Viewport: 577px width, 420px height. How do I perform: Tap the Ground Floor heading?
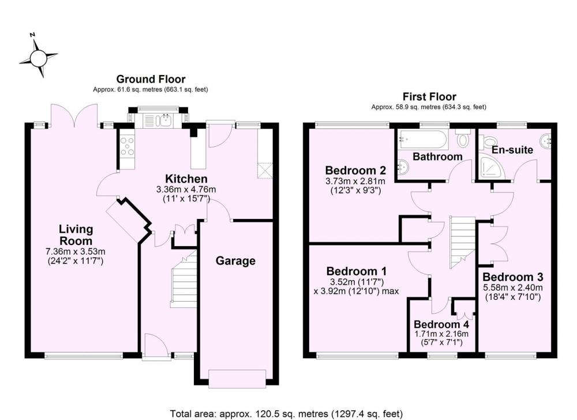point(151,79)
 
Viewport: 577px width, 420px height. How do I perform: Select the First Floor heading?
point(429,97)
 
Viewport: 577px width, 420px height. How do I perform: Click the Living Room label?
point(76,235)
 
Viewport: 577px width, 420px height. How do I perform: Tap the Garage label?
point(235,261)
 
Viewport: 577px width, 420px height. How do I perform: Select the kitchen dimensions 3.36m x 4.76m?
point(186,189)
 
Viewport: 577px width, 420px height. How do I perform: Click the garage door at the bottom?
point(237,378)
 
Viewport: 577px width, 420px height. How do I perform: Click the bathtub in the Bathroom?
point(422,140)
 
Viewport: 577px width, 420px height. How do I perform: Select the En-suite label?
point(512,150)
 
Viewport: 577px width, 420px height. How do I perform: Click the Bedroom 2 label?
point(355,170)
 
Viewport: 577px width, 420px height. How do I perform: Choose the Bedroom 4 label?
point(441,325)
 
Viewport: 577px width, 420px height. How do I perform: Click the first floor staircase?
point(462,243)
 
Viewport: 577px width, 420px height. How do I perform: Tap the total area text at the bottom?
point(286,414)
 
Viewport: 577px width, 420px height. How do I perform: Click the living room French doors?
point(74,116)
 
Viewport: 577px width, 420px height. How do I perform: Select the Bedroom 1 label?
point(356,272)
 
